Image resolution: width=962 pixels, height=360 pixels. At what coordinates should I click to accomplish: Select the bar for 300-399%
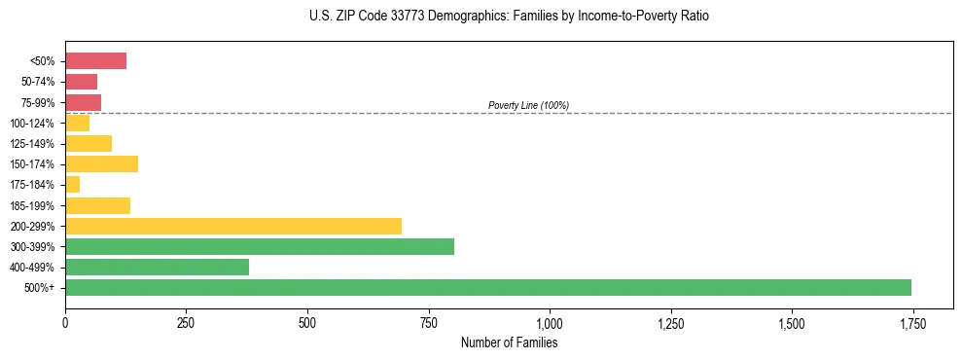260,246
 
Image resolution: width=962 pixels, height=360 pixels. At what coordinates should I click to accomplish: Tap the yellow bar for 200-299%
233,226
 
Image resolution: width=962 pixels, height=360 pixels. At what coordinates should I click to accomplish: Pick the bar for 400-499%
157,267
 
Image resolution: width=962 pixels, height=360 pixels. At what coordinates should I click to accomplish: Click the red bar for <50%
95,61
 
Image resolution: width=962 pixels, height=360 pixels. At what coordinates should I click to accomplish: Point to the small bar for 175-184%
73,184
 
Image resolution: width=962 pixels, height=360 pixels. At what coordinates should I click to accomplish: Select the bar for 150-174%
101,163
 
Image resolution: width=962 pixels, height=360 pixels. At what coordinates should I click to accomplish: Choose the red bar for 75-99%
83,102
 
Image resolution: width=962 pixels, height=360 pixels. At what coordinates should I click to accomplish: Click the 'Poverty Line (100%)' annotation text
528,105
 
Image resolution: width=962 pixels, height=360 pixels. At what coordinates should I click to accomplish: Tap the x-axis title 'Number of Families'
509,342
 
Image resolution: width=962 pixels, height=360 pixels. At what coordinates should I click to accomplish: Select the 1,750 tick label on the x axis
912,323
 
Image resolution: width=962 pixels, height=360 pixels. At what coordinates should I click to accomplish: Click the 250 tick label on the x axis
186,323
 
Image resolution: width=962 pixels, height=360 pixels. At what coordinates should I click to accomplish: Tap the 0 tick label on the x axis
65,323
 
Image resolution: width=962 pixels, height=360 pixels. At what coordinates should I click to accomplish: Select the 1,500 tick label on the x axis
792,323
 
